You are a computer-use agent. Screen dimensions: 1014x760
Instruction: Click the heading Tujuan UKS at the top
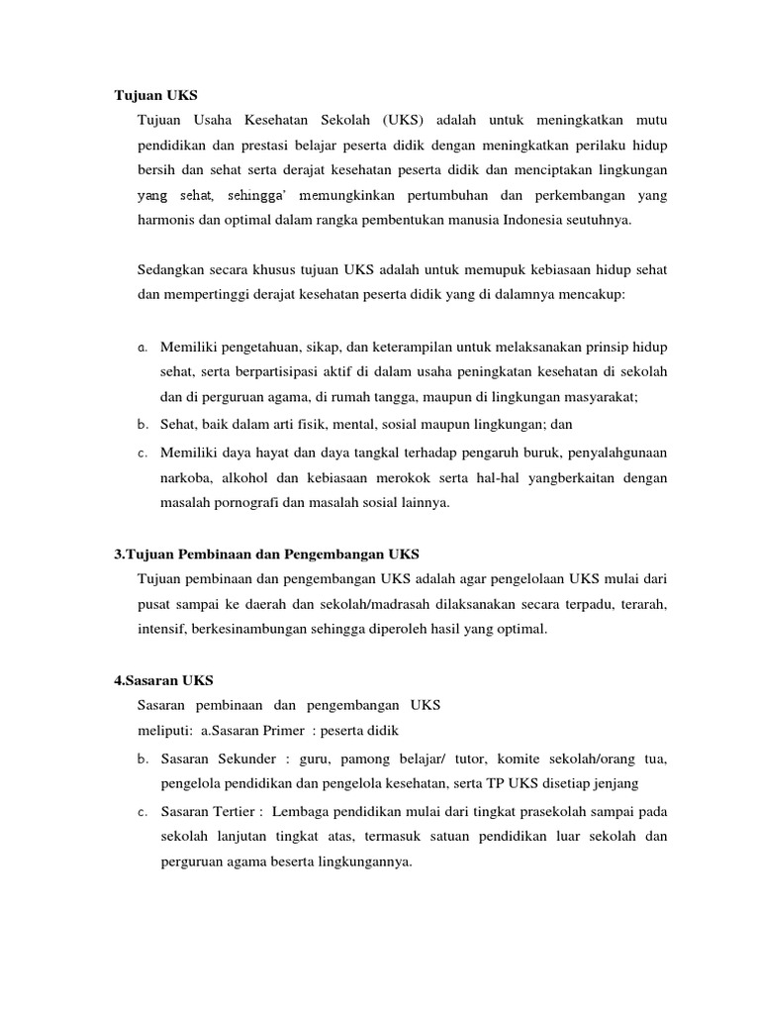(x=156, y=96)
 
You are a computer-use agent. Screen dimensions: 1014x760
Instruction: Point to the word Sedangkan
(x=171, y=269)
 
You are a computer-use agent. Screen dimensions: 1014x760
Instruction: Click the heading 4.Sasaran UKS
(x=163, y=680)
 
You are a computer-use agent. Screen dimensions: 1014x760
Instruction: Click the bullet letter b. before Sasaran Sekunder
(x=143, y=760)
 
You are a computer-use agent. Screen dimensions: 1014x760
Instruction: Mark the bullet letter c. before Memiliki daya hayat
(x=143, y=453)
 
